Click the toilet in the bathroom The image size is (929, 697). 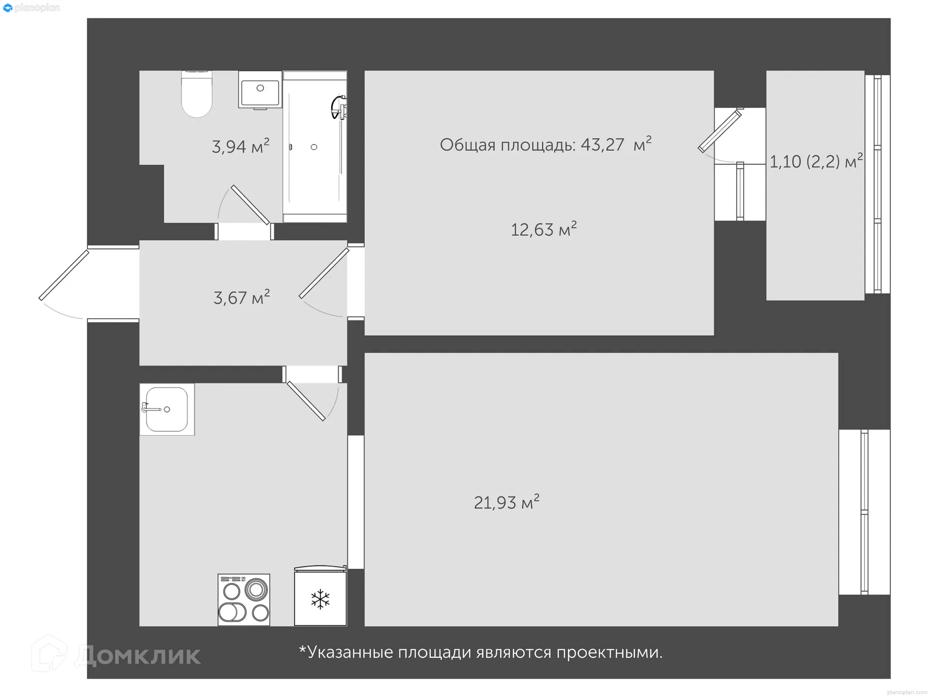[196, 95]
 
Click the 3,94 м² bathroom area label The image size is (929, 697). [240, 146]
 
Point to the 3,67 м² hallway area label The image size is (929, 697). [241, 297]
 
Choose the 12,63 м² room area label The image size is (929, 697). [543, 229]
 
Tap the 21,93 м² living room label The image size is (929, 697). [506, 502]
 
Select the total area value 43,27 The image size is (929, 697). [602, 145]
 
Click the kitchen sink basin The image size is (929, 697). [166, 409]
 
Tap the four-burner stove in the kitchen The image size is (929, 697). [244, 600]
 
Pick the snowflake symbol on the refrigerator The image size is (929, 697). [320, 599]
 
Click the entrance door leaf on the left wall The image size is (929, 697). [64, 275]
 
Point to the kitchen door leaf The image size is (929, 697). [306, 401]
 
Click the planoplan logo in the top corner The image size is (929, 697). [31, 8]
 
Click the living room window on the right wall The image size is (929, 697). [864, 512]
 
